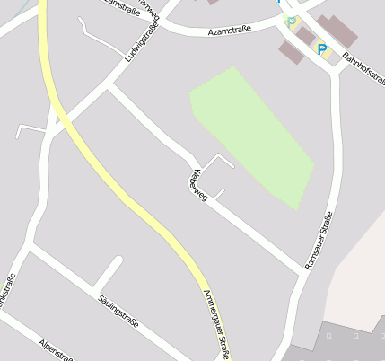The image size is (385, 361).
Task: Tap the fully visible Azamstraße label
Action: pos(228,30)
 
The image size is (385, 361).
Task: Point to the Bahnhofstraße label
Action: pos(363,70)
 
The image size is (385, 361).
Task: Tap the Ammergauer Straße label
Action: pos(217,323)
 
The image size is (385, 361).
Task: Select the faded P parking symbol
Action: pos(290,20)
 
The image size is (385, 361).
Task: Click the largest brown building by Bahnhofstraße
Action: pos(337,31)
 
